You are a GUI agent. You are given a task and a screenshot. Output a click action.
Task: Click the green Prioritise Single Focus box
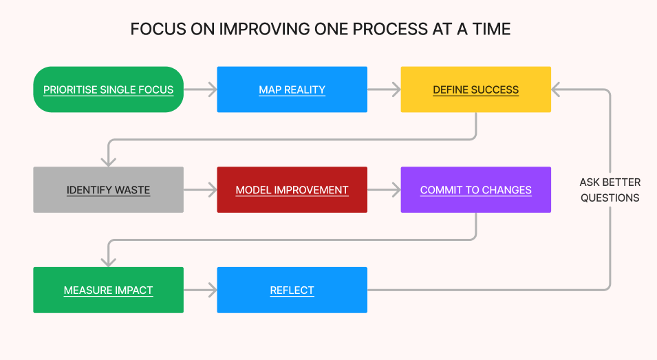[109, 89]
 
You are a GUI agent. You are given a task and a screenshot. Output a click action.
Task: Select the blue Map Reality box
[292, 89]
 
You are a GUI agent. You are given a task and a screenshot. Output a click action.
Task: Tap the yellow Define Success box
[475, 89]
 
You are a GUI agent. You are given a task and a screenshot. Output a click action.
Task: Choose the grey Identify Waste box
[108, 190]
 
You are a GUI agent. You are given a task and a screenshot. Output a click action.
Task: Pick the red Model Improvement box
[292, 190]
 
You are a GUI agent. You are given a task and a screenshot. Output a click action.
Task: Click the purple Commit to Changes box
[475, 190]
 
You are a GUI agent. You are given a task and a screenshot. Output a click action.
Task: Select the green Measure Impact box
[108, 290]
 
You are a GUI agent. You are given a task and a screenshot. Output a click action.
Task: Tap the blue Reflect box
[292, 290]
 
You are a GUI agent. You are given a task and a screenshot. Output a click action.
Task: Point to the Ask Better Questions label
[610, 190]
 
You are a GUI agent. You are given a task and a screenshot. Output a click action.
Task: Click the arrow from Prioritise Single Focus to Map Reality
[200, 89]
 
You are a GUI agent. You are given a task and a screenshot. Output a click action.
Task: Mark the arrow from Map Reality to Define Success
[384, 89]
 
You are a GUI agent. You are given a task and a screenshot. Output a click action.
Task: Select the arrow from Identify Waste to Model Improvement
[200, 190]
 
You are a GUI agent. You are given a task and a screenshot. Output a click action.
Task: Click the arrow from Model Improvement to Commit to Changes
[384, 190]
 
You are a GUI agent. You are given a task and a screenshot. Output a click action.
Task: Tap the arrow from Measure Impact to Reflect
[200, 290]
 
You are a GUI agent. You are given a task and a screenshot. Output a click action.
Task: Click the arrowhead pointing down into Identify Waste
[108, 161]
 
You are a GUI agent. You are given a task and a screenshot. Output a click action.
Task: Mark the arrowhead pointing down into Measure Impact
[108, 262]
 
